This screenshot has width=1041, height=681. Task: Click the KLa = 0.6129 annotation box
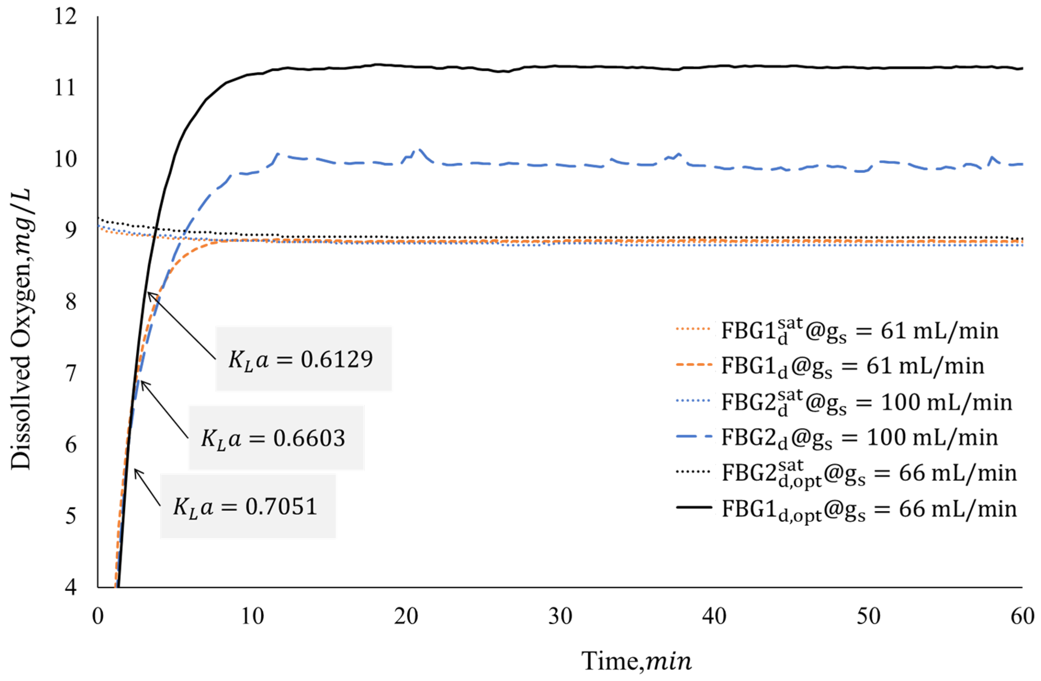304,358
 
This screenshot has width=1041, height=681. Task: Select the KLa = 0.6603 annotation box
276,437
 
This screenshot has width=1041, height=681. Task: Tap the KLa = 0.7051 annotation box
248,506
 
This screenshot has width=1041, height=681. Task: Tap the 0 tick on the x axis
98,616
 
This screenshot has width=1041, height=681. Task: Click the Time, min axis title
636,661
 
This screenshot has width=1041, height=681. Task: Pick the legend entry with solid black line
846,509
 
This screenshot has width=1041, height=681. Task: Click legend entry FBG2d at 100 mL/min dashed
837,437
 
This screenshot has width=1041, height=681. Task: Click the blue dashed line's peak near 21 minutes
419,150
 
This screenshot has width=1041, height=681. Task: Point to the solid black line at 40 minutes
714,66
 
